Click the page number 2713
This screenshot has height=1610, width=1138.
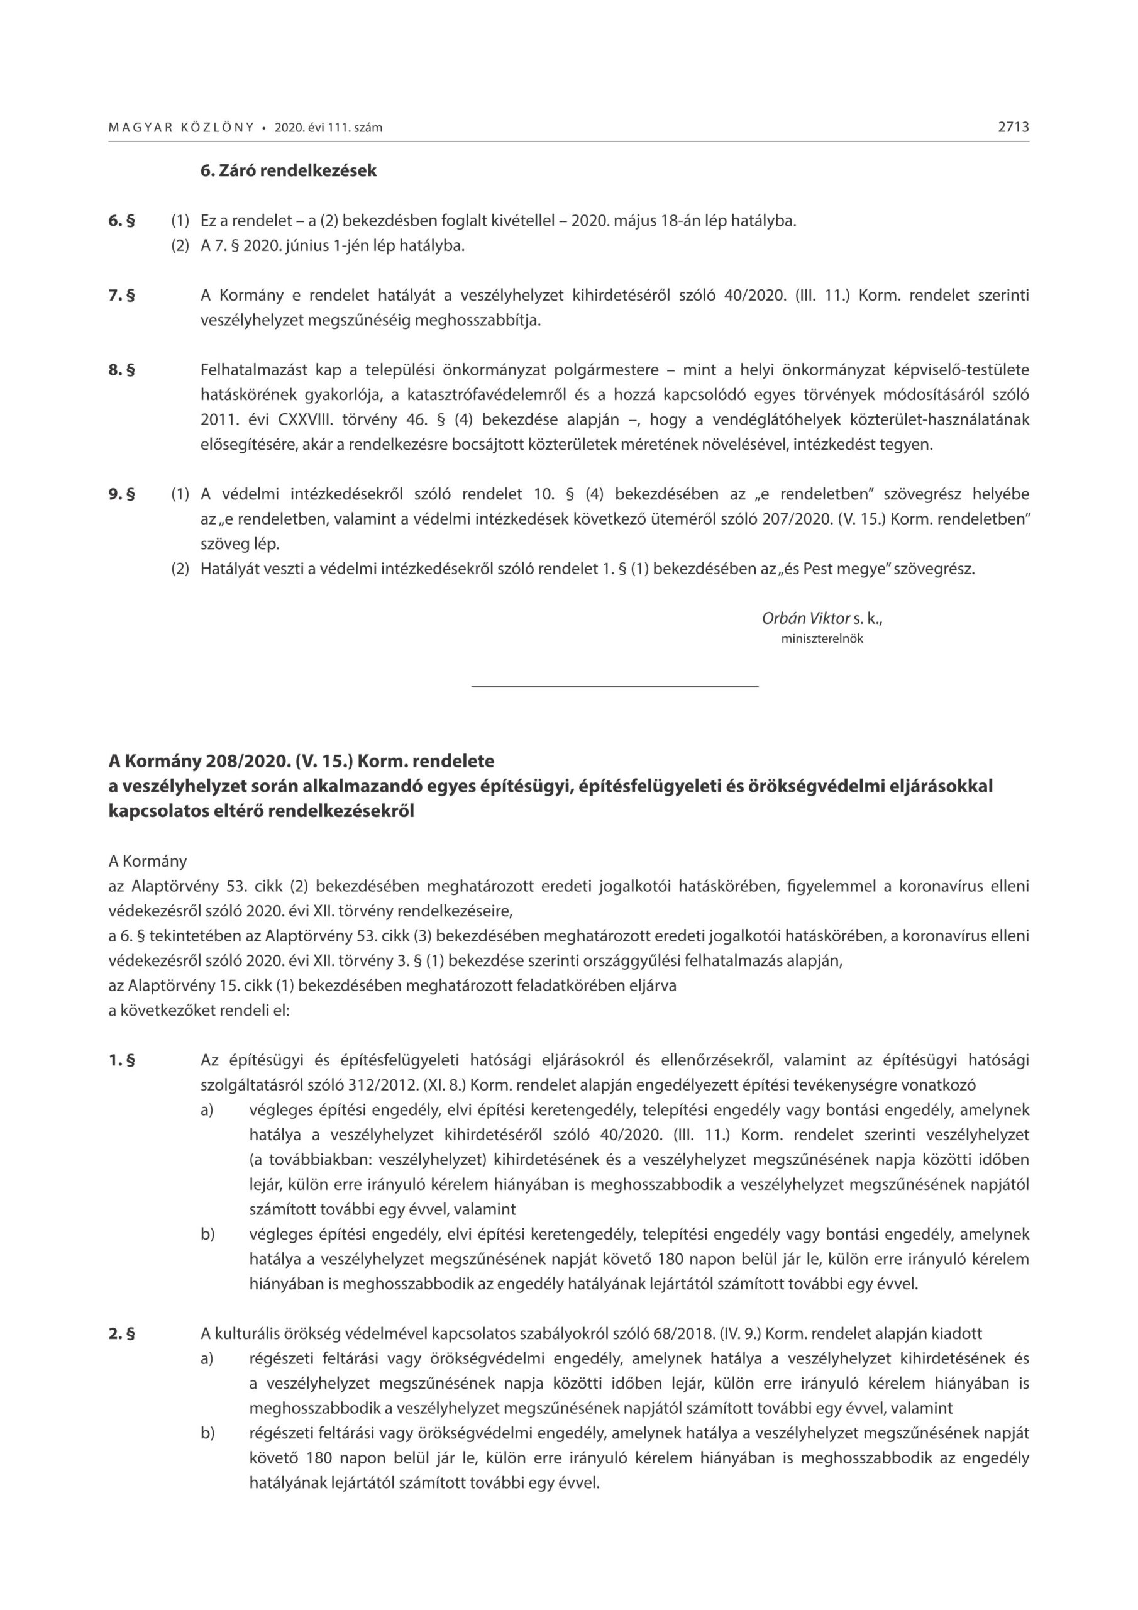click(x=1013, y=128)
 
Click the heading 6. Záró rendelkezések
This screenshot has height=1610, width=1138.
click(x=288, y=170)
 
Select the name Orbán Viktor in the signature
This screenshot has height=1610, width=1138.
click(x=805, y=618)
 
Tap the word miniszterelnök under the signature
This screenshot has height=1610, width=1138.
click(x=822, y=640)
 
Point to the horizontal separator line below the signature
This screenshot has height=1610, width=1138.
click(x=614, y=686)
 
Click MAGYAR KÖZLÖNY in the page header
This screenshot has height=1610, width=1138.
click(x=181, y=128)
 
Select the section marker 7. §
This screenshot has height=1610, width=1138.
click(x=121, y=295)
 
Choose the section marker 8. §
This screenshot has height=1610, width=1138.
click(x=121, y=370)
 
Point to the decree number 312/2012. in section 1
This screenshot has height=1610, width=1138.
click(x=384, y=1085)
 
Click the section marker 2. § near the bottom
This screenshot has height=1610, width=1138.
click(x=121, y=1333)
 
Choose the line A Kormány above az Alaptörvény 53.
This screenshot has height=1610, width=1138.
click(x=148, y=860)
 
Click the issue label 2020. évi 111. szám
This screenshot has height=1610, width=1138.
click(x=328, y=128)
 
